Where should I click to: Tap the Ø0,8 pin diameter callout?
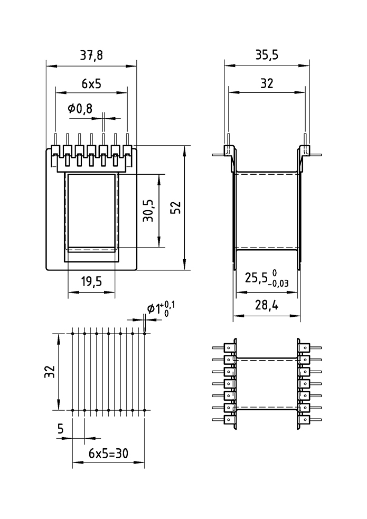(x=80, y=109)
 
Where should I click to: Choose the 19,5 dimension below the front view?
(x=91, y=282)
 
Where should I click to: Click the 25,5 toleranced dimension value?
(x=257, y=278)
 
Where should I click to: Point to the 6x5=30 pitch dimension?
(x=109, y=453)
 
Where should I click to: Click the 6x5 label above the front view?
(x=91, y=83)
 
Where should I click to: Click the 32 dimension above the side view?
(x=266, y=83)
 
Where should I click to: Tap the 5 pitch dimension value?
(x=61, y=429)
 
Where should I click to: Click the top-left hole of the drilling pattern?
(x=72, y=334)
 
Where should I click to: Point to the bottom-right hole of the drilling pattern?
(x=145, y=410)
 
